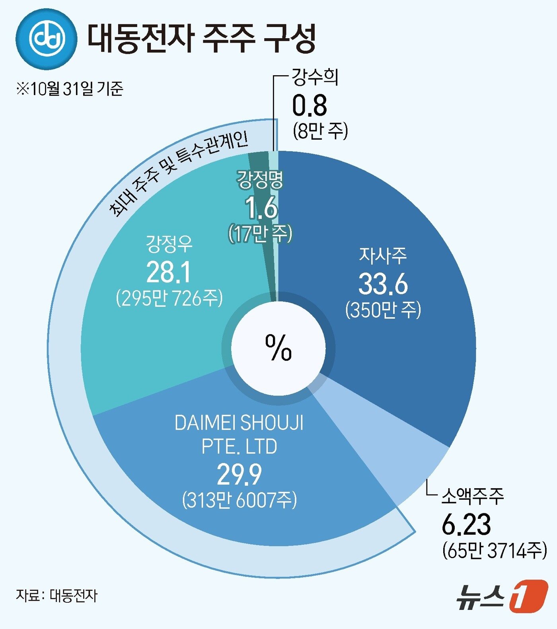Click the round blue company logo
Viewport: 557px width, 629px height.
tap(46, 39)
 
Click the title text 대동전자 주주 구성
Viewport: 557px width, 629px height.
tap(201, 38)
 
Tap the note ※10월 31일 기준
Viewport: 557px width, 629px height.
tap(70, 88)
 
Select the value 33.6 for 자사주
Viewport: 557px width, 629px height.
tap(383, 284)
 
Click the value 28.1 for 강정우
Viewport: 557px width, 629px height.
tap(169, 273)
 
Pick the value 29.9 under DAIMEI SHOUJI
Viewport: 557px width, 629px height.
tap(239, 475)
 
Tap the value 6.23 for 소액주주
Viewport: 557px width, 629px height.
tap(466, 524)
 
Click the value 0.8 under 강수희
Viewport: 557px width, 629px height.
tap(310, 106)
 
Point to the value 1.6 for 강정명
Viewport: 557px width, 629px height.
tap(261, 208)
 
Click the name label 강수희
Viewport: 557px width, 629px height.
tap(315, 77)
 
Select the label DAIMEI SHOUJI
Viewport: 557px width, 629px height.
tap(239, 423)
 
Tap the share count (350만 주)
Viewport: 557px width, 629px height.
tap(383, 310)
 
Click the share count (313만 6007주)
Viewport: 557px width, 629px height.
tap(240, 500)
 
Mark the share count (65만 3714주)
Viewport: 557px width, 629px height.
tap(495, 551)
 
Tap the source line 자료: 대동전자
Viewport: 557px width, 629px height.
tap(56, 596)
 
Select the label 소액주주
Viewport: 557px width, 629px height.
tap(473, 496)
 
